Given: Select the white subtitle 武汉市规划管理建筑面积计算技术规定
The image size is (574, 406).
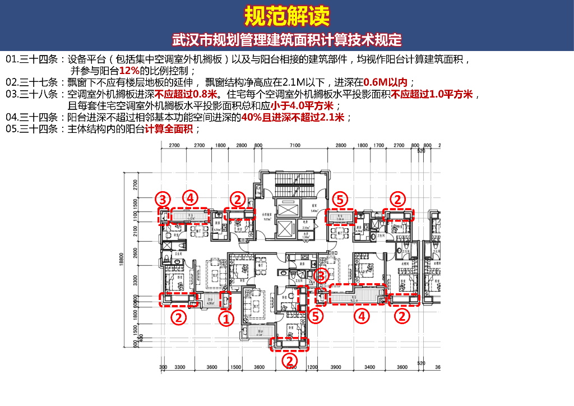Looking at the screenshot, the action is (286, 41).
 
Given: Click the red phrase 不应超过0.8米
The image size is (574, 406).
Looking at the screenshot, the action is (178, 93).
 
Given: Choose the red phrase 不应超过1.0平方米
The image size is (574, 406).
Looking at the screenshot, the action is (432, 93).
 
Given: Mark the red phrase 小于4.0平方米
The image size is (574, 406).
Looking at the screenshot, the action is (302, 105).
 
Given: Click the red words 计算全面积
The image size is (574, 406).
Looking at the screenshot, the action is (169, 129).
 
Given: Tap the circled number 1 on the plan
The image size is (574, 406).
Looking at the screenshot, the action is (225, 319).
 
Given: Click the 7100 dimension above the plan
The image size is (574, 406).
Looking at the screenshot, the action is (295, 145).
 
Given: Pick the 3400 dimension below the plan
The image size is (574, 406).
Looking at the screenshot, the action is (370, 367).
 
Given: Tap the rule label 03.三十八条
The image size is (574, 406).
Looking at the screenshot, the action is (33, 93).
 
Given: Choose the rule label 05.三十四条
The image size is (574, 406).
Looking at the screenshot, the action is (33, 129).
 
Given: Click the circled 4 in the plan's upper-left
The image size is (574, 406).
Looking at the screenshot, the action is (191, 198).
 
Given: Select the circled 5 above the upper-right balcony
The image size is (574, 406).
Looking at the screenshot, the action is (340, 199).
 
